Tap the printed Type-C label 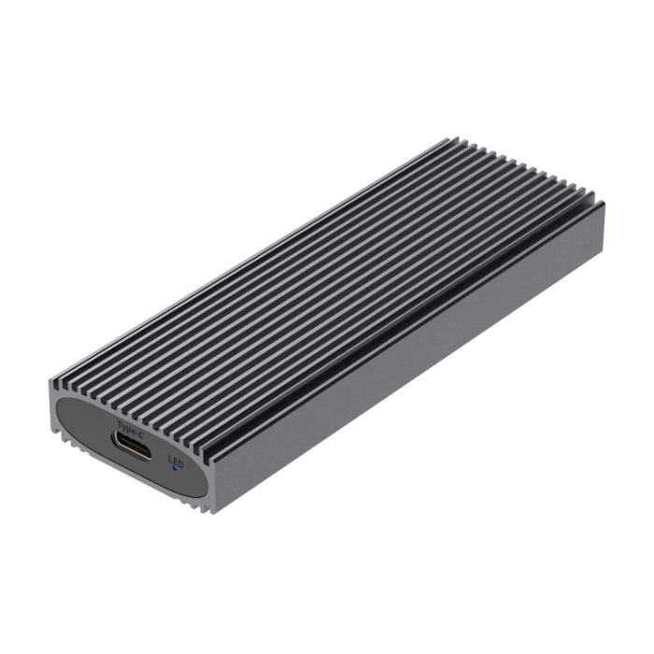[x=129, y=430]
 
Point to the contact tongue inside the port [x=132, y=448]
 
